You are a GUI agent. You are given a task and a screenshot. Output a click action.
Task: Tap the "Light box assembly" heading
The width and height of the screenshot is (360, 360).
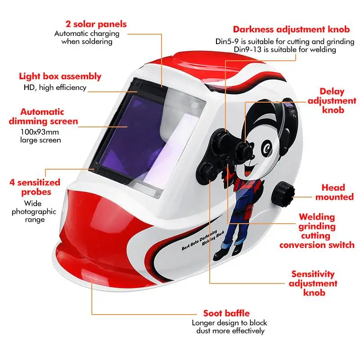60,76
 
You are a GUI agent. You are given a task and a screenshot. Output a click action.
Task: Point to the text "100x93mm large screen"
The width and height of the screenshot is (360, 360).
40,136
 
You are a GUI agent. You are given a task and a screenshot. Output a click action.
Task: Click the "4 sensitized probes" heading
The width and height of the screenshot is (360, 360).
35,187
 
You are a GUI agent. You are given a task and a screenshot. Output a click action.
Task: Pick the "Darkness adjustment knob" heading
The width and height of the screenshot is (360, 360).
291,30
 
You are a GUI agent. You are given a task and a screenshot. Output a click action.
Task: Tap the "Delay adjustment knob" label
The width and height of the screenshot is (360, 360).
332,101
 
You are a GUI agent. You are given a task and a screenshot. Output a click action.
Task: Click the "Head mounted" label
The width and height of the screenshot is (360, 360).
333,192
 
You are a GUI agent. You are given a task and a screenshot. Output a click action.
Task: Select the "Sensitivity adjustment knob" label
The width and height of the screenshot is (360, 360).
313,283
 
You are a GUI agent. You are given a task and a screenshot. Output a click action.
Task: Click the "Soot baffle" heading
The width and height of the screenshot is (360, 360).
226,313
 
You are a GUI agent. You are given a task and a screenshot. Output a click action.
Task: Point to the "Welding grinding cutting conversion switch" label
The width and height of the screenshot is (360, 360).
317,231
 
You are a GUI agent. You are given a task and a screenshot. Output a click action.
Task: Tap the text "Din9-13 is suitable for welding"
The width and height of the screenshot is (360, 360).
284,50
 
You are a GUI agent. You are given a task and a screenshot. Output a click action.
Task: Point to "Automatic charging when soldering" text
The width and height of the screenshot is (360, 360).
87,37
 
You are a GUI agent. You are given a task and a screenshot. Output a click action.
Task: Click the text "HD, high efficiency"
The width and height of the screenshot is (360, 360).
55,88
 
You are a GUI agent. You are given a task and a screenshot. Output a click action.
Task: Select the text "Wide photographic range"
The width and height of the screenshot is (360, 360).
34,211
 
